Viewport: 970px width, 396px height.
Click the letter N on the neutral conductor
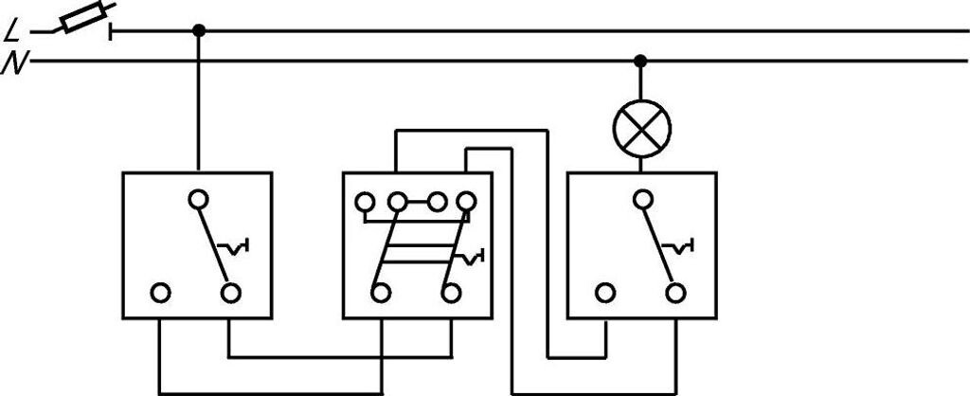(12, 64)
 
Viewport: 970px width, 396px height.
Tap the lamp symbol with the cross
(641, 128)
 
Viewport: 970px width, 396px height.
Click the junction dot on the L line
(198, 30)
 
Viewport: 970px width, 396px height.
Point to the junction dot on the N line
(641, 62)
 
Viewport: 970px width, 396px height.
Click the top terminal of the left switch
(198, 200)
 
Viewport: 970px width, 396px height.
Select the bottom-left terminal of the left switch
(161, 293)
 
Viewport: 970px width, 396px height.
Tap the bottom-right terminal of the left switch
(230, 293)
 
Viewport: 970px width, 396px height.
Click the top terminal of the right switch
(642, 200)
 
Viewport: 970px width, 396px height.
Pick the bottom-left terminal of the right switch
(604, 293)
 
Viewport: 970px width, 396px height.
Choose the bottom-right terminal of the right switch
(674, 293)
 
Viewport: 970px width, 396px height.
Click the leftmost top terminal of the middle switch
(363, 202)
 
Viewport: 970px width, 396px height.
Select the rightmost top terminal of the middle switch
(465, 202)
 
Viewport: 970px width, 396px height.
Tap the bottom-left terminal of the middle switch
(380, 293)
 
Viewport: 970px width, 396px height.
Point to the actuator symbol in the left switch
(234, 248)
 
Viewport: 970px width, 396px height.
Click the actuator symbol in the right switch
(678, 248)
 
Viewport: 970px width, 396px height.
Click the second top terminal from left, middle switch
(398, 202)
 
